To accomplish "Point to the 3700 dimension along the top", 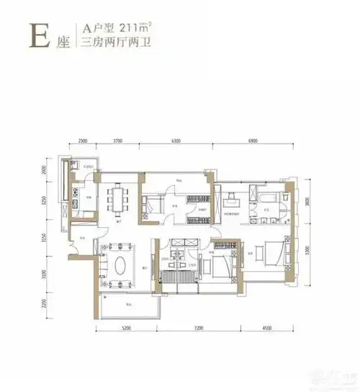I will pyautogui.click(x=119, y=141).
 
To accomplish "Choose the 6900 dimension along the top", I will pyautogui.click(x=253, y=141).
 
